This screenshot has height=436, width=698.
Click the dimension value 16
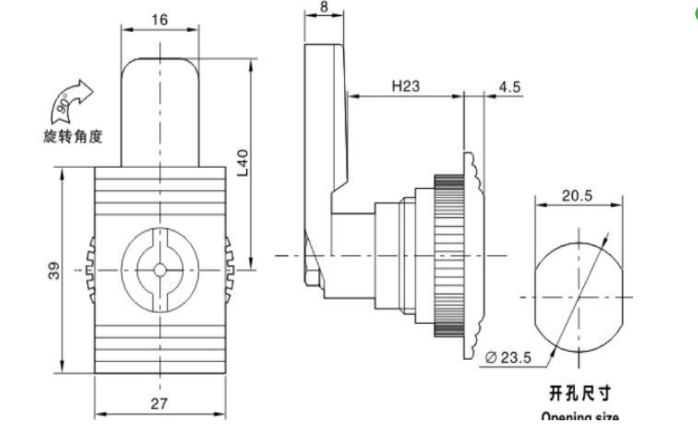click(x=159, y=20)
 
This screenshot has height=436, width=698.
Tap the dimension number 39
click(x=54, y=271)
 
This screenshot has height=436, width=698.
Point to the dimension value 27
click(x=159, y=404)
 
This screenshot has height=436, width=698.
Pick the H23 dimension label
click(x=405, y=87)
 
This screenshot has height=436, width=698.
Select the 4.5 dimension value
click(x=510, y=87)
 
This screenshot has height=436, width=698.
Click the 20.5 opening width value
click(x=578, y=195)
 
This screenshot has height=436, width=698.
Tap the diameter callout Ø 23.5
click(x=507, y=357)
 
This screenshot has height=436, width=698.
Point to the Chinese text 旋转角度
click(x=72, y=137)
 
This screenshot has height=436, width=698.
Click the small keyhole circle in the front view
click(x=159, y=270)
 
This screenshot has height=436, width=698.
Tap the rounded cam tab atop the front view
click(x=160, y=109)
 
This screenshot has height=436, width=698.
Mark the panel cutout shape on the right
click(x=578, y=297)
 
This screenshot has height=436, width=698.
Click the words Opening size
click(x=580, y=417)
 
